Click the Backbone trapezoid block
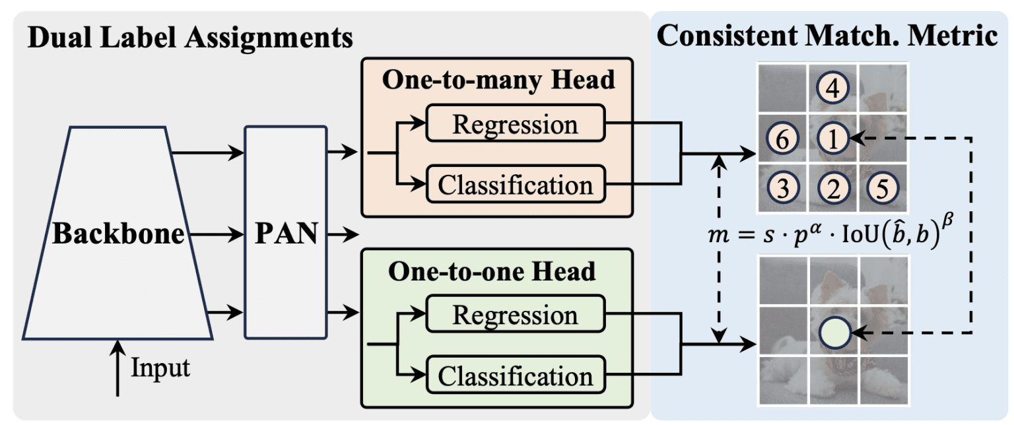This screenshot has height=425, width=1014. tap(118, 235)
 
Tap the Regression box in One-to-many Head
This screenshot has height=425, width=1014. tap(515, 125)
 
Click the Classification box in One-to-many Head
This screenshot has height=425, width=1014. tap(515, 184)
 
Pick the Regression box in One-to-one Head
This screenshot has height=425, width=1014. tap(515, 315)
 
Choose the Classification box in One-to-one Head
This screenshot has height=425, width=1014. tap(515, 376)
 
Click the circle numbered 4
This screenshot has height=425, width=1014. tap(832, 88)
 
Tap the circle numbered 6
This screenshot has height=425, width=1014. tap(782, 139)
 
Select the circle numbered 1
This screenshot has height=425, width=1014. tap(833, 139)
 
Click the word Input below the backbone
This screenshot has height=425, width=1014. tap(160, 368)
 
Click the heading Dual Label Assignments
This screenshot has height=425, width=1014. tap(190, 37)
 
